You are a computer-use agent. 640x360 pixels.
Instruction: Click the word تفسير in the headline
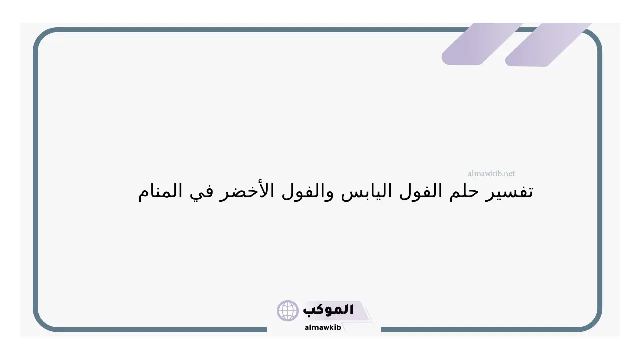pos(509,191)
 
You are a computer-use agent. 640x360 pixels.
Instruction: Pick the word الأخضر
pos(247,191)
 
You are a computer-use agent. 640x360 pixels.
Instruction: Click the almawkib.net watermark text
pos(491,173)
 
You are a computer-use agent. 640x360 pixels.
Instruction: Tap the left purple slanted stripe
pos(483,44)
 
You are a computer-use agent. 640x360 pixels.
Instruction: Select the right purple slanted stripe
pos(548,45)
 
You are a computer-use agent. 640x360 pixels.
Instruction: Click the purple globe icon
pos(287,311)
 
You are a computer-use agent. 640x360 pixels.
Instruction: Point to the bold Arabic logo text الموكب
pos(328,310)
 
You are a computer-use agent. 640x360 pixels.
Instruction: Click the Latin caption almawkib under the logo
pos(323,327)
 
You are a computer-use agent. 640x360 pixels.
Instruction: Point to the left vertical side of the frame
pos(35,180)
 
